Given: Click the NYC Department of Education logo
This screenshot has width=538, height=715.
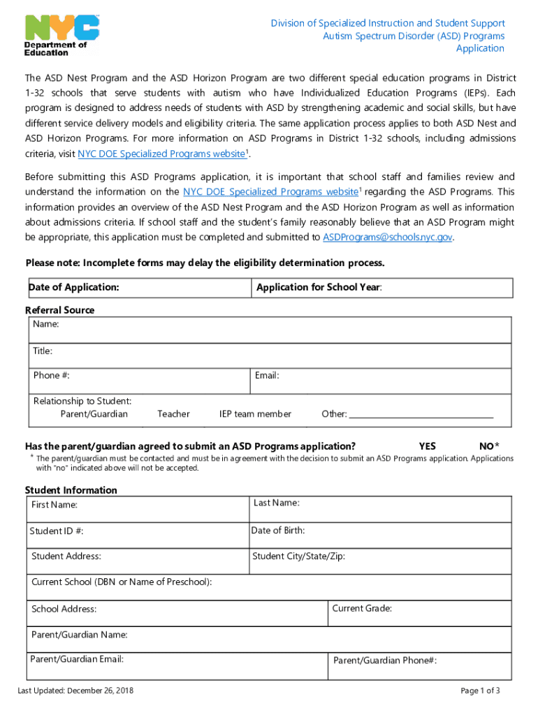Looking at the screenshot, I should pyautogui.click(x=61, y=35).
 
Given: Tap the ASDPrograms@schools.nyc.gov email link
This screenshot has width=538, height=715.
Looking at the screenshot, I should pyautogui.click(x=388, y=237).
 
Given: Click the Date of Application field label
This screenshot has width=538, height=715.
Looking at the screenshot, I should pyautogui.click(x=73, y=288).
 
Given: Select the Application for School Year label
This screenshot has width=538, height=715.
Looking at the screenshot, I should pyautogui.click(x=319, y=288).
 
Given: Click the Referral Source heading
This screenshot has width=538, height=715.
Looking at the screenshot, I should pyautogui.click(x=59, y=310).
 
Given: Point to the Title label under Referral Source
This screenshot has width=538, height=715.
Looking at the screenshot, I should pyautogui.click(x=43, y=351).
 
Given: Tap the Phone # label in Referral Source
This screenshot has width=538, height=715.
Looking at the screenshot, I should pyautogui.click(x=51, y=376).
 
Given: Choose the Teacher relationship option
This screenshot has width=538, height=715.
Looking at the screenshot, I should pyautogui.click(x=173, y=414).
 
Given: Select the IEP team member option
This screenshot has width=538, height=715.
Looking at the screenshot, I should pyautogui.click(x=255, y=414).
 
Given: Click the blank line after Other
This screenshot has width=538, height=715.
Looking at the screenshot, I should pyautogui.click(x=421, y=415).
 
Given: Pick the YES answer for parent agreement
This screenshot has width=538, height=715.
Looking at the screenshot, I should pyautogui.click(x=428, y=446).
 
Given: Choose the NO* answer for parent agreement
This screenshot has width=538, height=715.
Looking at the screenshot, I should pyautogui.click(x=489, y=446).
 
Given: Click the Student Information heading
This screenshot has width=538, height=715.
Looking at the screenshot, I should pyautogui.click(x=71, y=490).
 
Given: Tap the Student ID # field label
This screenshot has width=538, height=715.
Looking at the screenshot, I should pyautogui.click(x=57, y=531).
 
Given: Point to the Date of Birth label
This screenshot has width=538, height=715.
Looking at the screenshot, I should pyautogui.click(x=278, y=531).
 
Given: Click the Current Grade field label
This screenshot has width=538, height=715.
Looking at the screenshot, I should pyautogui.click(x=362, y=609).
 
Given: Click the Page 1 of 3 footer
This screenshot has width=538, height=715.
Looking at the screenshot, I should pyautogui.click(x=481, y=691).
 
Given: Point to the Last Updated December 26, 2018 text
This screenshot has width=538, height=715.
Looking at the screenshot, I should pyautogui.click(x=75, y=691).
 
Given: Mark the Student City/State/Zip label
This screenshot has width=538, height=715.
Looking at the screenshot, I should pyautogui.click(x=298, y=556).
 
